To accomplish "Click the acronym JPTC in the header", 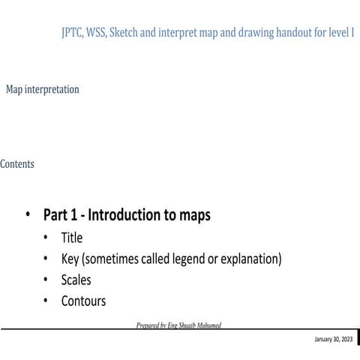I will tap(73, 34).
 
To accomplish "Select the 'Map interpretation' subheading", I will tap(42, 89).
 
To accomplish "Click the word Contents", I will tap(16, 163).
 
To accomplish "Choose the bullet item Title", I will tap(72, 238).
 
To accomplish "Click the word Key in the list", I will tap(70, 259).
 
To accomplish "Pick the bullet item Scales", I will tap(76, 280).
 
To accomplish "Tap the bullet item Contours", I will tap(83, 301).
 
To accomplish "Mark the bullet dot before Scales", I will tap(46, 281).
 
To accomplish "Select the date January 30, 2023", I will tap(333, 340).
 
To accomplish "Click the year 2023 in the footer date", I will tap(346, 340).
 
